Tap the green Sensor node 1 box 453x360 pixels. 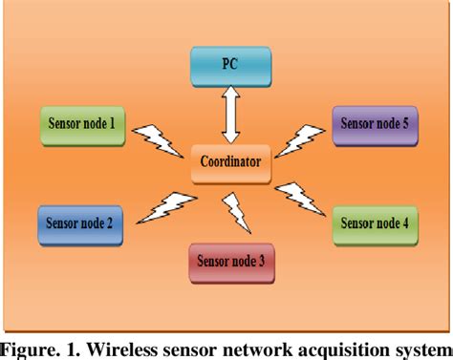click(83, 124)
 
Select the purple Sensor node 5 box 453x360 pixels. click(374, 124)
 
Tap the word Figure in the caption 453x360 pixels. click(31, 347)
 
